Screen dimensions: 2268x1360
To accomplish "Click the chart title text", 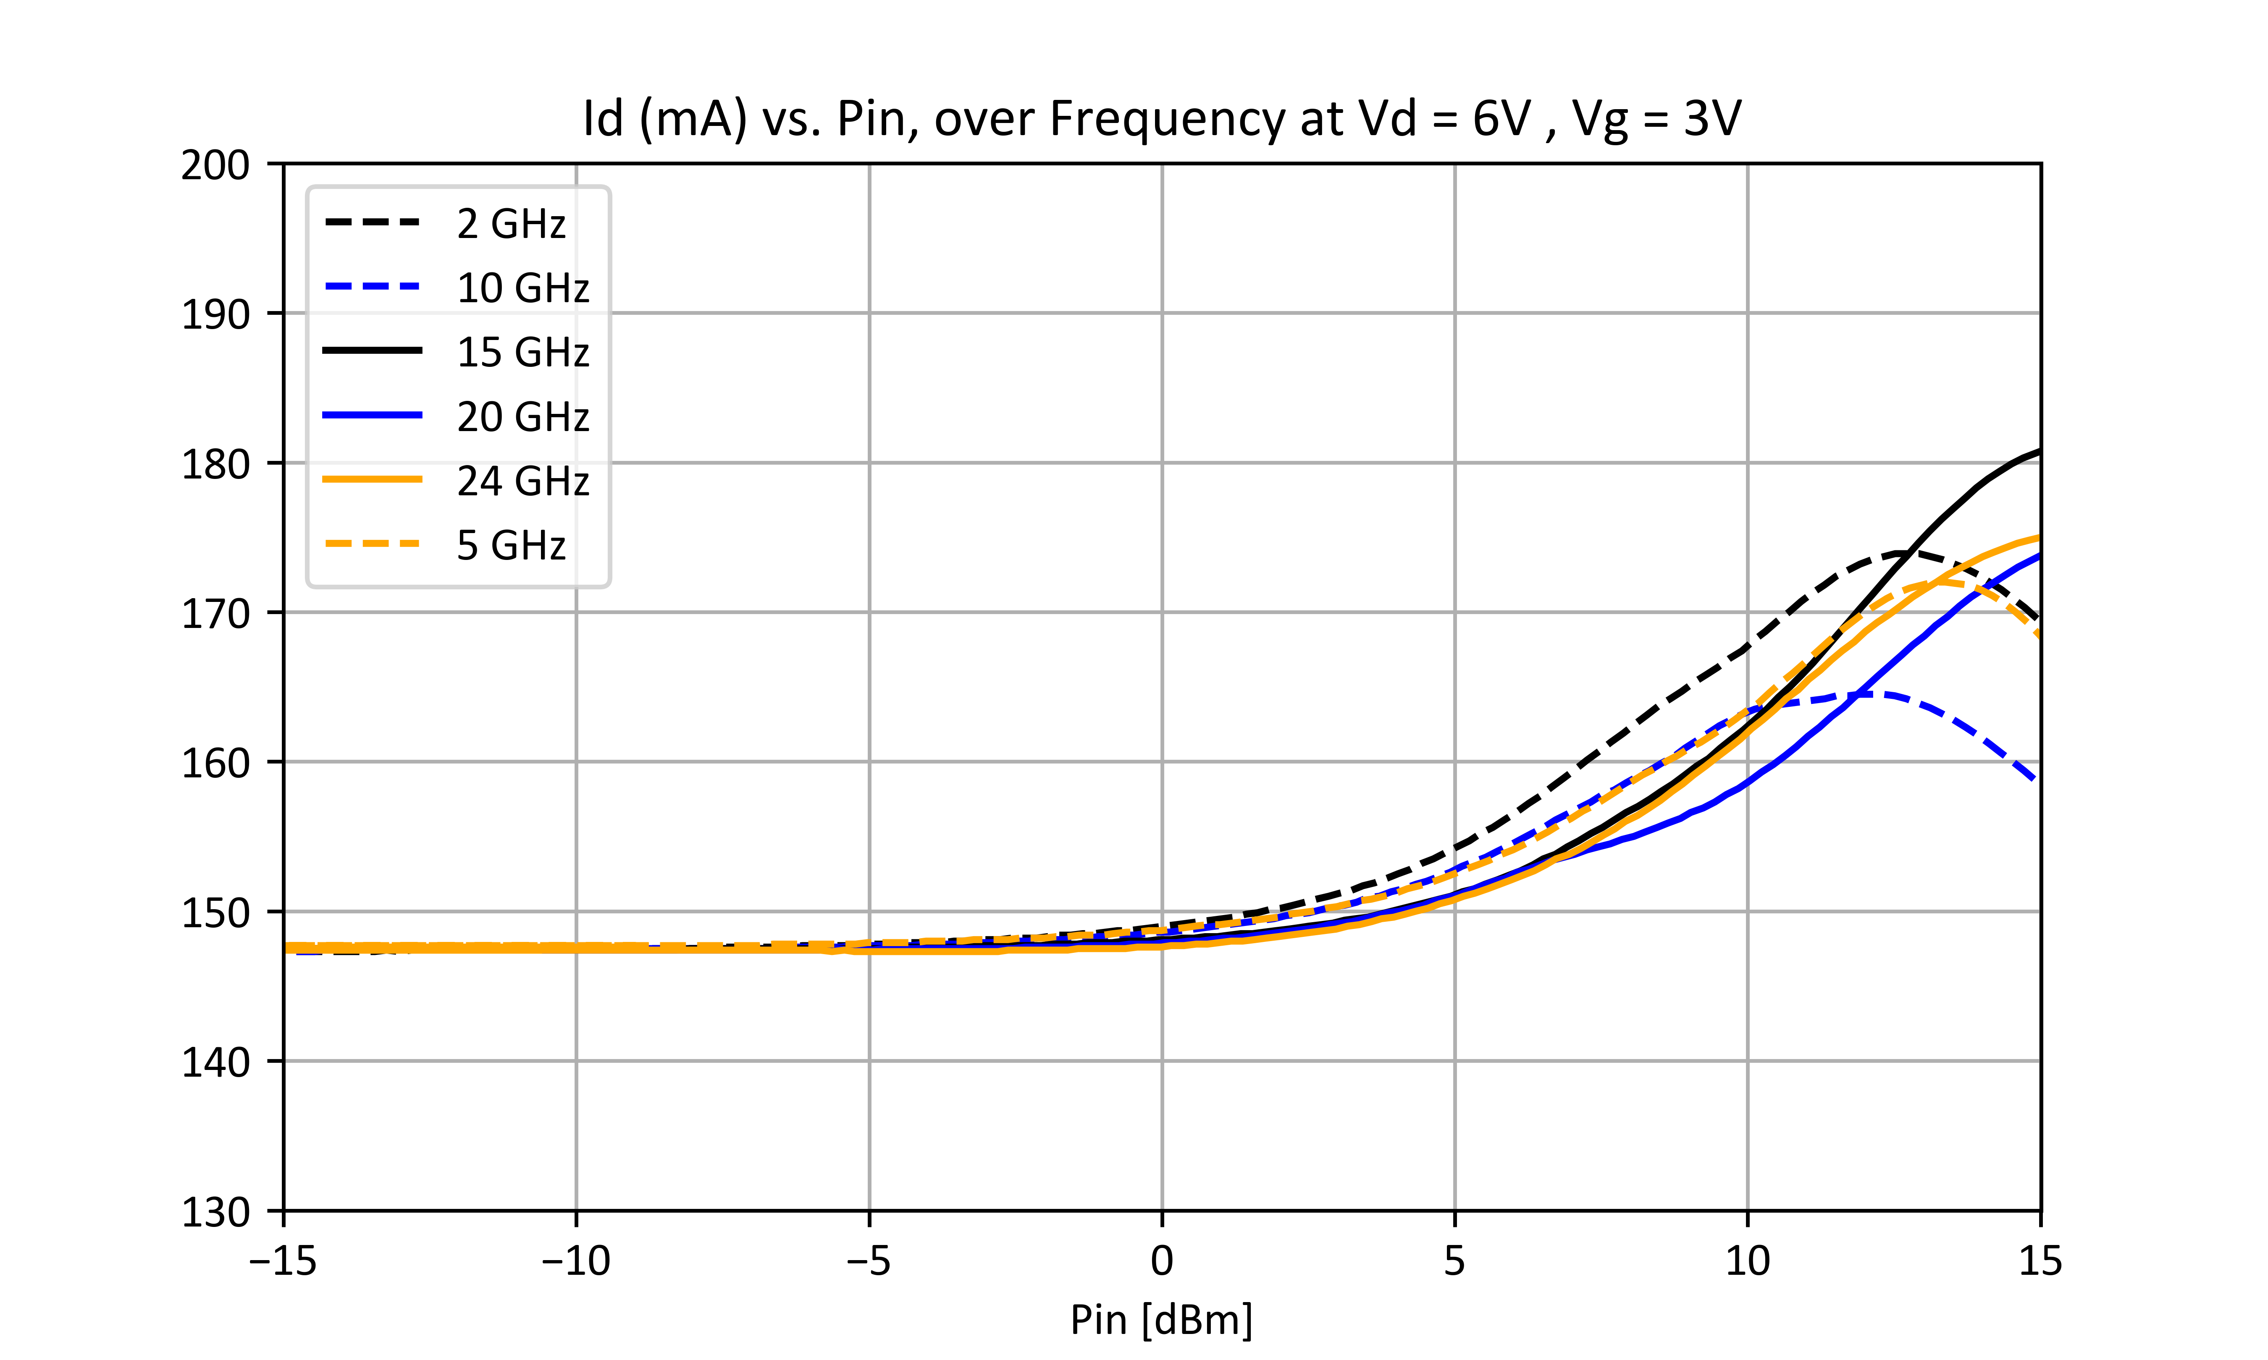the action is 1161,119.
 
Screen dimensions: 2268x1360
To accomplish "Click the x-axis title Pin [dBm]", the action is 1161,1320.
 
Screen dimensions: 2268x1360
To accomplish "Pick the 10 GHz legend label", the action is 522,288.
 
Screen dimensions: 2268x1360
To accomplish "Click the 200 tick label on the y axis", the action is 215,166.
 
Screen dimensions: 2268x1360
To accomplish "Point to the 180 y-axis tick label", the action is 215,465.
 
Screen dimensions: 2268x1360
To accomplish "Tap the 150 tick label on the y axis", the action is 215,914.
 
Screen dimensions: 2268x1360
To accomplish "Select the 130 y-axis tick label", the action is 215,1212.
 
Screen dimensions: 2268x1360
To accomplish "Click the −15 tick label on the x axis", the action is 283,1262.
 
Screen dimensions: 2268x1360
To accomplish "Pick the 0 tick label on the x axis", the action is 1161,1262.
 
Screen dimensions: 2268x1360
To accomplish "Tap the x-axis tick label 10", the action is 1747,1262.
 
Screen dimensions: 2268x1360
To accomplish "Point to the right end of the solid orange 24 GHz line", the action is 2040,537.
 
